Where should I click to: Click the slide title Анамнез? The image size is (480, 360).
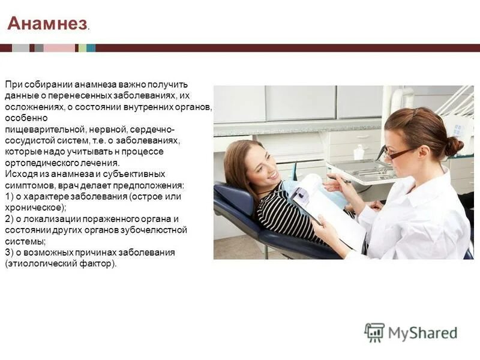[x=47, y=24]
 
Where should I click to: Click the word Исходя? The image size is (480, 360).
[x=18, y=174]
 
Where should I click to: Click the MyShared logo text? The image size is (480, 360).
[x=422, y=332]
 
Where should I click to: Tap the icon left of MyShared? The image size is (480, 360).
[x=374, y=332]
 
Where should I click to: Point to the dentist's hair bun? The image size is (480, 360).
[x=453, y=145]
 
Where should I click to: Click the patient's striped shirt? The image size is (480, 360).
[x=282, y=213]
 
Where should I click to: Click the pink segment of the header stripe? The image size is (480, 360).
[x=59, y=48]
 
